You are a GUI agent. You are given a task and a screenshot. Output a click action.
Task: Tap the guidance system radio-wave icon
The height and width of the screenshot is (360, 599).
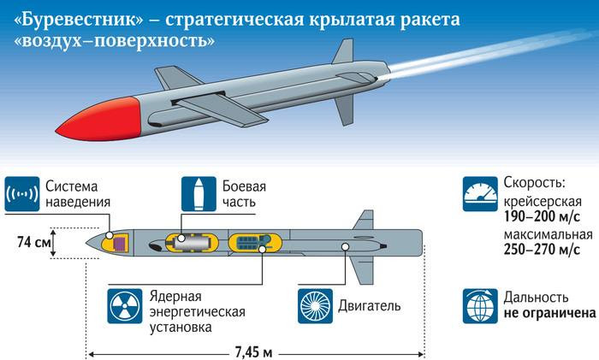22,195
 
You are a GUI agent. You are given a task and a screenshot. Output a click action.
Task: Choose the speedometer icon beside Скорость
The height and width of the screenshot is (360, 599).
477,194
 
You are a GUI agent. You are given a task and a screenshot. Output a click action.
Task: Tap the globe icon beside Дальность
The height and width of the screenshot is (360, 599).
477,304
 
